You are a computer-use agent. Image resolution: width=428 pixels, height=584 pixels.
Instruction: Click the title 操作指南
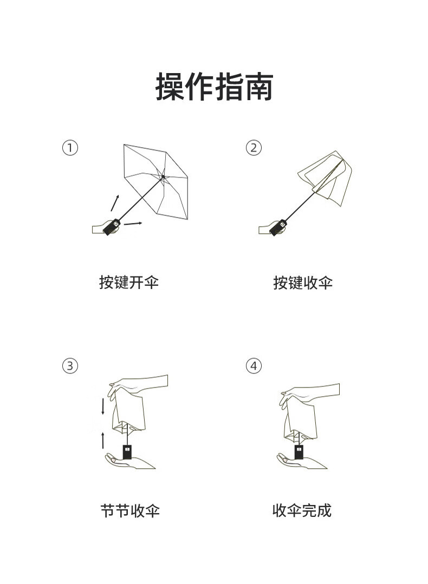click(214, 87)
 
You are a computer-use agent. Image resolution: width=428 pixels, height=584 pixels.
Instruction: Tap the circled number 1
click(70, 148)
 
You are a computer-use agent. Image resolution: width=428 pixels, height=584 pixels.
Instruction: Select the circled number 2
click(254, 148)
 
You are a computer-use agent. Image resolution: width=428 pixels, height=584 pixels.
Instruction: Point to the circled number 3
click(70, 366)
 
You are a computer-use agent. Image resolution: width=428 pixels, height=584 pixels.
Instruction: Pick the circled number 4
click(254, 366)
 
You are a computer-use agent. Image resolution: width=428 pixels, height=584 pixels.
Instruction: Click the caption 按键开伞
click(129, 283)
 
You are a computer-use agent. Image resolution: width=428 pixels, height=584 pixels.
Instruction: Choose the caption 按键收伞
click(303, 283)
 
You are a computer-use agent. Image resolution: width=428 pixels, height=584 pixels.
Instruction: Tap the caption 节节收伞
click(130, 510)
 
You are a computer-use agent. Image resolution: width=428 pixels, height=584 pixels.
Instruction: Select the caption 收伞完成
click(302, 510)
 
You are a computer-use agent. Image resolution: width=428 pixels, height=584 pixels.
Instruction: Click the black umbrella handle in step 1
click(112, 227)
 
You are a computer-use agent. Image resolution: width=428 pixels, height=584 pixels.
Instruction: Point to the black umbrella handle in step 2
click(278, 227)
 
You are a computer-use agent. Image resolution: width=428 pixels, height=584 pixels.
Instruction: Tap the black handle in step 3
click(127, 452)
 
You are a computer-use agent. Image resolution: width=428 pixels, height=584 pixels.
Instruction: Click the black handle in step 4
click(299, 452)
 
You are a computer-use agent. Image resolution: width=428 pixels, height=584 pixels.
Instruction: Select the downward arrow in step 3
click(103, 406)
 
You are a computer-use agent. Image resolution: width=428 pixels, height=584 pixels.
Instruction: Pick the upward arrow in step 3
click(103, 441)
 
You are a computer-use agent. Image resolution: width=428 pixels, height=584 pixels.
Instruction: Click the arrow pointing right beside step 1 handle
click(133, 224)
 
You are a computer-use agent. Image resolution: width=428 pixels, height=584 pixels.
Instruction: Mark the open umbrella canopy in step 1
click(156, 181)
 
